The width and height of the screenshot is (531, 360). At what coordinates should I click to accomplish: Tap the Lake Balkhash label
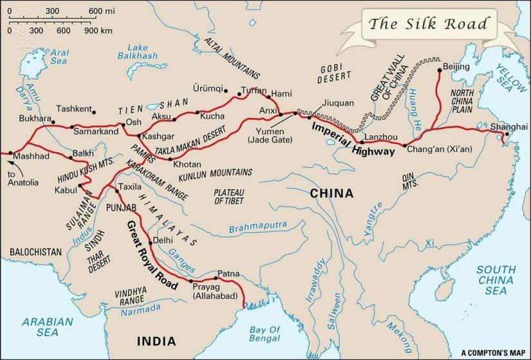pyautogui.click(x=143, y=52)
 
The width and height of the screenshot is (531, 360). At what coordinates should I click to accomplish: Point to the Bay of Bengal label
pyautogui.click(x=265, y=334)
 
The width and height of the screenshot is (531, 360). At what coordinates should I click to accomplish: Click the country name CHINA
pyautogui.click(x=331, y=193)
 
